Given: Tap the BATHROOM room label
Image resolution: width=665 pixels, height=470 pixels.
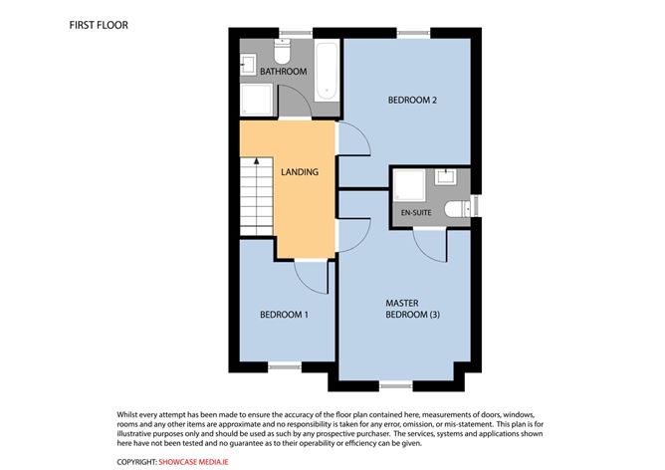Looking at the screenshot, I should pyautogui.click(x=283, y=73).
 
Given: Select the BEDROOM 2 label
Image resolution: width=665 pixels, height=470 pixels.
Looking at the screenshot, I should pyautogui.click(x=413, y=101).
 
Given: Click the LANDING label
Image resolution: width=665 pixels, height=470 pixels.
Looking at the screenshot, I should pyautogui.click(x=299, y=172).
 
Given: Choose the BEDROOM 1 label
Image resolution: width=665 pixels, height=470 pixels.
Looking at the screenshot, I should pyautogui.click(x=284, y=315).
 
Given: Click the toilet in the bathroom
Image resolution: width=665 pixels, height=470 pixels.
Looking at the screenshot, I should pyautogui.click(x=283, y=47).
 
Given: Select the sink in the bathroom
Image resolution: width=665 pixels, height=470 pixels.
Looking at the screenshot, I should pyautogui.click(x=249, y=65).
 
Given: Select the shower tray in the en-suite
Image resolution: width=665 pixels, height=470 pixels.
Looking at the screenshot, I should pyautogui.click(x=410, y=186).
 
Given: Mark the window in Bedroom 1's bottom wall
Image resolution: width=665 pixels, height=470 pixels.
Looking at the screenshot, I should pyautogui.click(x=284, y=366).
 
